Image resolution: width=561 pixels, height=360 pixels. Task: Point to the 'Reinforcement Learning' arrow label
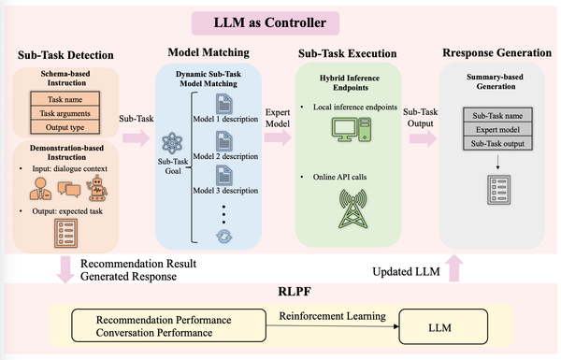321,318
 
